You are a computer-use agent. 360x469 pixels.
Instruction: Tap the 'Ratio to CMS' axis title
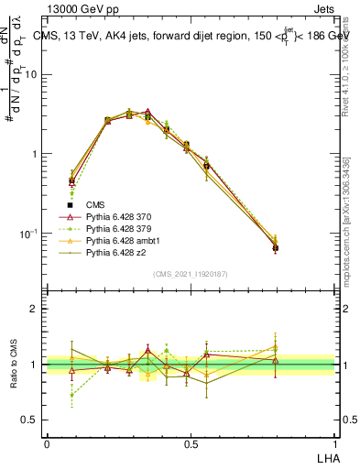[12, 365]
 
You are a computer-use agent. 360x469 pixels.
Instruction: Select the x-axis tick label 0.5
[191, 443]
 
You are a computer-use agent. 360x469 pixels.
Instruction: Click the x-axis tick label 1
[335, 443]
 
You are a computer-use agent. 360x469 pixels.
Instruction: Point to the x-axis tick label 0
[47, 443]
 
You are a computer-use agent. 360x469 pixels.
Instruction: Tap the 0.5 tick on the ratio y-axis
[33, 420]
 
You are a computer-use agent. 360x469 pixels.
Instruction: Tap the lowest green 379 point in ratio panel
[72, 395]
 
